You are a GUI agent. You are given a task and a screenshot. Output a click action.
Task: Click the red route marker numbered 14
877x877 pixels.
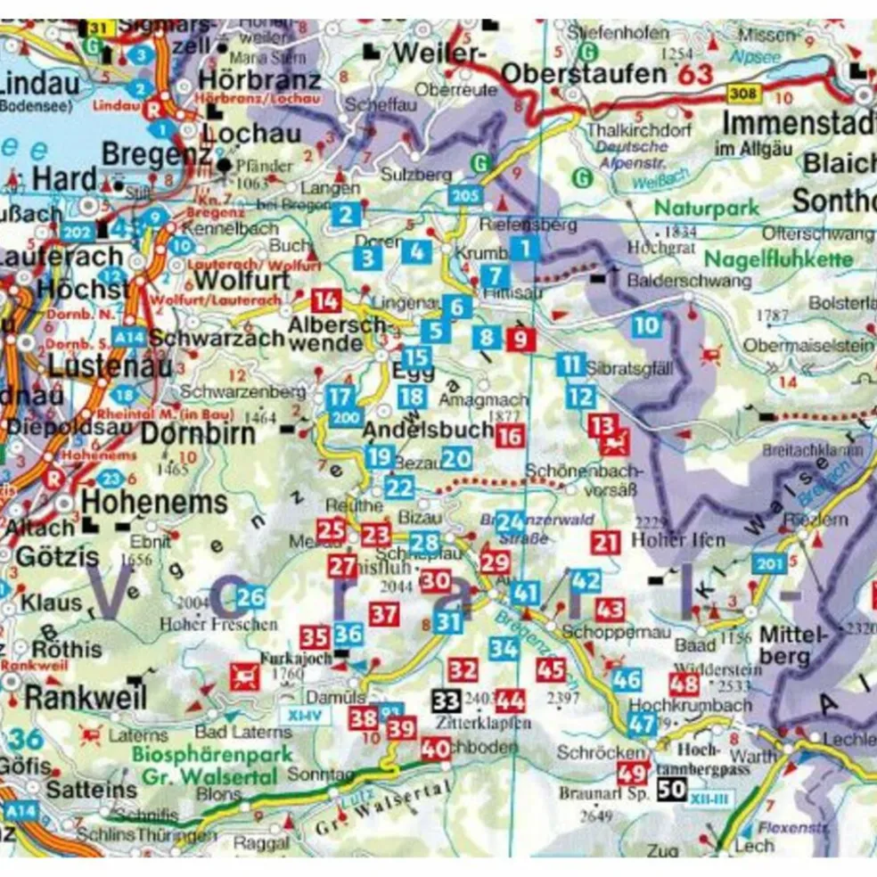(x=325, y=301)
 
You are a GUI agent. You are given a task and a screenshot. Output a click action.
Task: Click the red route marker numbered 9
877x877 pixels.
(x=520, y=339)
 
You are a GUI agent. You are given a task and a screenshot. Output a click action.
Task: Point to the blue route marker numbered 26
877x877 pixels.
(x=251, y=598)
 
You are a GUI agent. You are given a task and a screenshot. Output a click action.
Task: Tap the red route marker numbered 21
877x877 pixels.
(x=606, y=541)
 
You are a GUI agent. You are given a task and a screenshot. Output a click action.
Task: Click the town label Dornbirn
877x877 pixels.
(x=198, y=435)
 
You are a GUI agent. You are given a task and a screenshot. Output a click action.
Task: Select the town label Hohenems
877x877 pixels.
(x=155, y=503)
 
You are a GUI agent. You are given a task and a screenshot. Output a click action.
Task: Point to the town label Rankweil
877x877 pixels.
(x=85, y=698)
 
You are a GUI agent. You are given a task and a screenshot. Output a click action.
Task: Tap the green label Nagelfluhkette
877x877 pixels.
(x=779, y=260)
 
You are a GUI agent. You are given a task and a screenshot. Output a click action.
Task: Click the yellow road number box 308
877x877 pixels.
(x=742, y=93)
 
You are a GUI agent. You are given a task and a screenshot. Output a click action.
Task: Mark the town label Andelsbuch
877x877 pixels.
(x=428, y=431)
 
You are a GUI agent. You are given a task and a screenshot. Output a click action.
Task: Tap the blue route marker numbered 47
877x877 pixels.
(x=642, y=724)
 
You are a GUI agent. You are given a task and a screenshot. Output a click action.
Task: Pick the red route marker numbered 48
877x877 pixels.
(x=684, y=684)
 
